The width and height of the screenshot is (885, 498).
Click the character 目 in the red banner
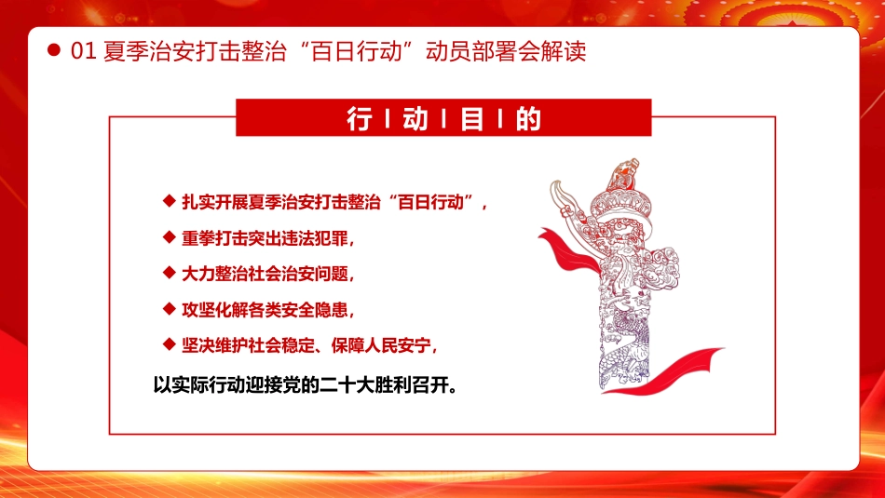(x=472, y=120)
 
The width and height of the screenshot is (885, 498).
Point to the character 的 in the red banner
(x=527, y=120)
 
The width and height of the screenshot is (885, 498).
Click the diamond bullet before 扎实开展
(x=169, y=200)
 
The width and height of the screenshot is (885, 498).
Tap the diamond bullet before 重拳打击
(x=169, y=236)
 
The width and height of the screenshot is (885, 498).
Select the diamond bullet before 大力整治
(x=169, y=273)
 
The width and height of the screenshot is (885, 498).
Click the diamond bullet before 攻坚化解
(x=169, y=308)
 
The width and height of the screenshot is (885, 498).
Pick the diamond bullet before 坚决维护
(x=169, y=344)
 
